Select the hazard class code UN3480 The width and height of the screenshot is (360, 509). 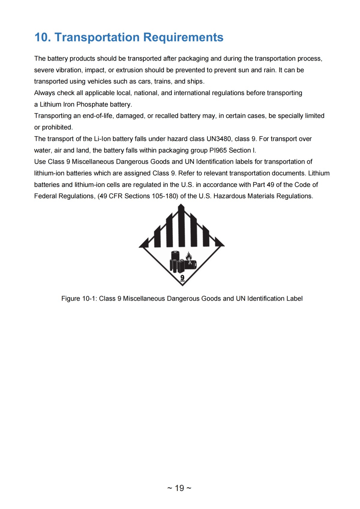point(219,139)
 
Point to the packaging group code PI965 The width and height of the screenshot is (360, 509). point(218,150)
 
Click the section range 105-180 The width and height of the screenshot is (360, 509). point(162,196)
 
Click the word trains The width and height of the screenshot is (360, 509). point(162,82)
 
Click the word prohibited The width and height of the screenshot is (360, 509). point(57,127)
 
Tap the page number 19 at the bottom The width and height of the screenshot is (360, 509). point(179,488)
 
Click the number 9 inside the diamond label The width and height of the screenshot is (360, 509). point(182,278)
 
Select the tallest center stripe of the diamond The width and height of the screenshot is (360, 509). point(181,225)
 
